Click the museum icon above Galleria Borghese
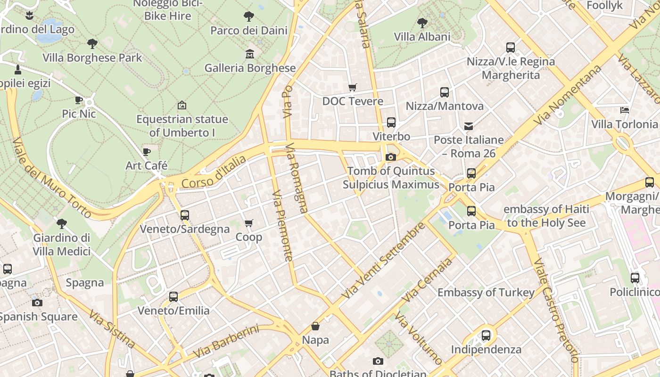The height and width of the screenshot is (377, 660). pos(250,54)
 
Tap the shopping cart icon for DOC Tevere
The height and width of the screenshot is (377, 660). pos(352,87)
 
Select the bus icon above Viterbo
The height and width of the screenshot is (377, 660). pos(391,123)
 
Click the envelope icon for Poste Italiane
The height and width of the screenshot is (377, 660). pos(469,126)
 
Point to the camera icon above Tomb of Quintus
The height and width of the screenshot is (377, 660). pos(391,157)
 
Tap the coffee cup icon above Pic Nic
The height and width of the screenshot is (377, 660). pos(79,100)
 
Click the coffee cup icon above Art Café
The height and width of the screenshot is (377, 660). pos(146,152)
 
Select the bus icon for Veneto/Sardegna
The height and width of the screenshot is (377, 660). pos(185,215)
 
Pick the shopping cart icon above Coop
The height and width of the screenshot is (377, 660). pos(248,223)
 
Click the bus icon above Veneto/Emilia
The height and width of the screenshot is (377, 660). pos(173,297)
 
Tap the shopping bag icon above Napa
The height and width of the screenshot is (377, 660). pos(315,326)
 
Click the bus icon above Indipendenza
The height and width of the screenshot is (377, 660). pos(486,336)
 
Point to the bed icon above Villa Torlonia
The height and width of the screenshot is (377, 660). pos(625,110)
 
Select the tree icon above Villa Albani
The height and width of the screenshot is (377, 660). pos(422,23)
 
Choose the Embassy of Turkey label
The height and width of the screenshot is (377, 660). pos(486,293)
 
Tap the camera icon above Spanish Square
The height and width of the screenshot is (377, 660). pos(37,303)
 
